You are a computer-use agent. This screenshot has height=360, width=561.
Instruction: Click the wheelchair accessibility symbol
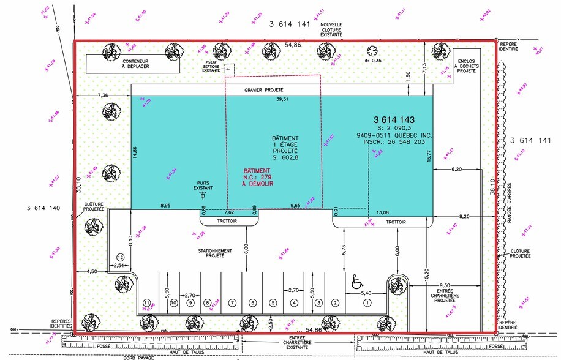coord(356,283)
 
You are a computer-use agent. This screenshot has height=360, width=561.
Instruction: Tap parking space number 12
coord(121,257)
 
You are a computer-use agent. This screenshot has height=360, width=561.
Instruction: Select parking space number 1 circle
coord(367,302)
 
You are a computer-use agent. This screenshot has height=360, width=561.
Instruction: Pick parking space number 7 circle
coord(232,302)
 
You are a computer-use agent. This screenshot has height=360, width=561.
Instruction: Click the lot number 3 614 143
coord(394,119)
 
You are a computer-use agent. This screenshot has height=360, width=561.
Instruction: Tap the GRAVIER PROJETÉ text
coord(266,89)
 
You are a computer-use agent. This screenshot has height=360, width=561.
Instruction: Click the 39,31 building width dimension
coord(282,99)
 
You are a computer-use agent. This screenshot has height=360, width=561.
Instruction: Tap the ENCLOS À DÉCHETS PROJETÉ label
coord(467,66)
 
